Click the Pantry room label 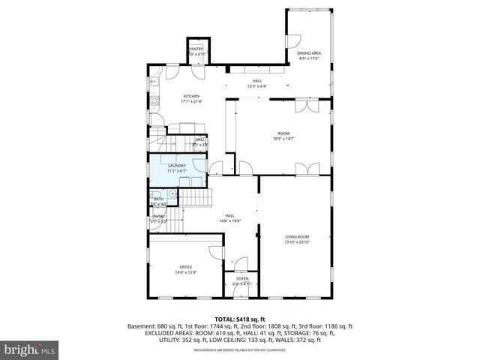196,49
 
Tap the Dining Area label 309,53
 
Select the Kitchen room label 192,97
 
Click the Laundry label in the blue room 177,165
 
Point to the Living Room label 297,237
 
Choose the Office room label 186,267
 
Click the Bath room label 159,199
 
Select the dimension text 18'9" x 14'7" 283,138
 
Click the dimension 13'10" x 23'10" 297,242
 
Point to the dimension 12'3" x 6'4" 257,86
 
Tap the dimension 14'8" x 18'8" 230,221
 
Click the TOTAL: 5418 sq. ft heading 240,319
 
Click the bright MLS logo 28,349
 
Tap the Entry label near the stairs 158,217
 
